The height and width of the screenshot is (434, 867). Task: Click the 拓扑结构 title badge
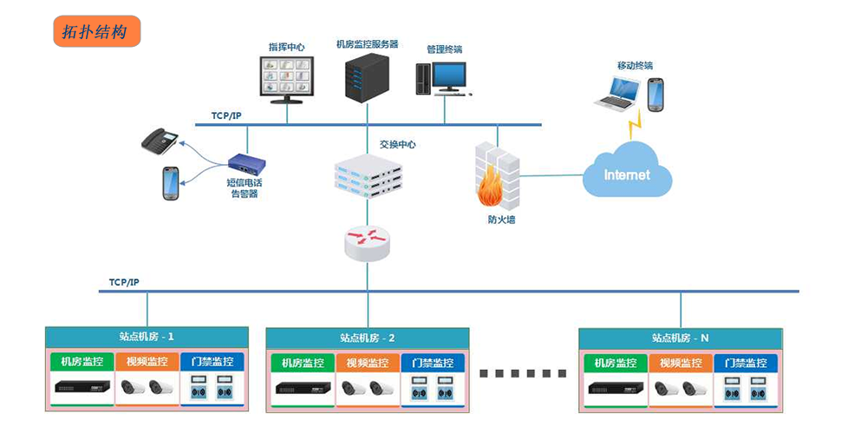pos(96,32)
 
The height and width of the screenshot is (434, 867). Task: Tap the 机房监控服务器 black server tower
pos(365,78)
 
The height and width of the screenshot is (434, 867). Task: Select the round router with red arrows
pos(368,243)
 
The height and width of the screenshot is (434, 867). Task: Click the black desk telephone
pos(160,140)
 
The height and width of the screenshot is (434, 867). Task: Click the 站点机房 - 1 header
pos(147,336)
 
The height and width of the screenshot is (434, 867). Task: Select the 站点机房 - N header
pos(681,337)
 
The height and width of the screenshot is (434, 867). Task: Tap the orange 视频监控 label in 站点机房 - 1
pos(147,362)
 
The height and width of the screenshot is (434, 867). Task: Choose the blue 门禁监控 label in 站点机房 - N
pos(745,363)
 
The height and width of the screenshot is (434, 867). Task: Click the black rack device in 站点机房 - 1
pos(82,388)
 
